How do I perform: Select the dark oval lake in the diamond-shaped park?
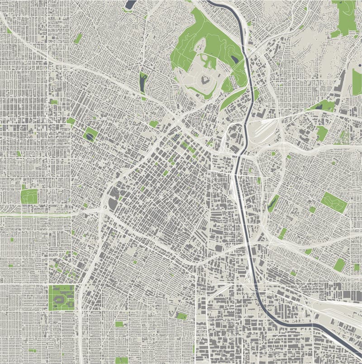(90, 135)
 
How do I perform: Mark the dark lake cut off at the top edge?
(130, 4)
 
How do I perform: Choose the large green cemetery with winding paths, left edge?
(29, 196)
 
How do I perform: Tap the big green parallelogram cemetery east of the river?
(334, 202)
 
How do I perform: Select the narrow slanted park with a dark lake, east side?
(272, 203)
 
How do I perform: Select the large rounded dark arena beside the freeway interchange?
(112, 204)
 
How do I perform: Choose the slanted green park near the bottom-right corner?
(339, 265)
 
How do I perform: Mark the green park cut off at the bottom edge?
(120, 360)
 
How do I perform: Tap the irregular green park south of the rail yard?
(322, 133)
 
